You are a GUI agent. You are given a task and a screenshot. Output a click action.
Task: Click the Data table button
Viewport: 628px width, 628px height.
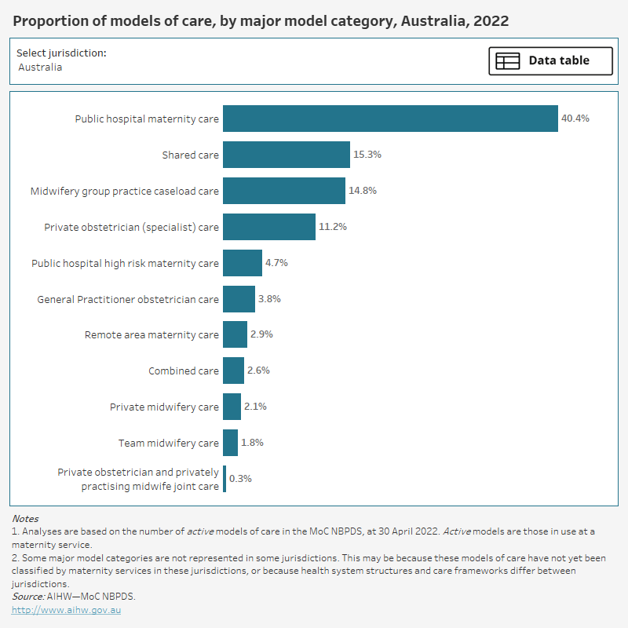550,60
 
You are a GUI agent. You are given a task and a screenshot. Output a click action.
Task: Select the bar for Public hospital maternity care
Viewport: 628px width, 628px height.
390,119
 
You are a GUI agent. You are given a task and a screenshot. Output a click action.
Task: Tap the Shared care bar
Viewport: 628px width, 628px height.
286,155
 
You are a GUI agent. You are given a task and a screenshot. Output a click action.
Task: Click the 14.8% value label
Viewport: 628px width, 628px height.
363,191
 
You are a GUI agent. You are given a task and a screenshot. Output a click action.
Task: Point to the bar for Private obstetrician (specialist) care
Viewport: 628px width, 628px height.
268,227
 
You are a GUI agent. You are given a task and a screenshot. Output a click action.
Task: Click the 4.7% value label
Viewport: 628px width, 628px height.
276,263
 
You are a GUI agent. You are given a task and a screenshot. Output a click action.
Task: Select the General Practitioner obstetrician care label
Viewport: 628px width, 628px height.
128,299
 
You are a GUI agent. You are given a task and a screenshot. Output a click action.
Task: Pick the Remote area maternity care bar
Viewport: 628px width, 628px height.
235,334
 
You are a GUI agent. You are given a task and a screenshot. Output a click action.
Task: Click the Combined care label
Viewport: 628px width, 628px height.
184,371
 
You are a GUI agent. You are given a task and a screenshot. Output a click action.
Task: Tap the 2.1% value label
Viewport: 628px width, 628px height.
255,407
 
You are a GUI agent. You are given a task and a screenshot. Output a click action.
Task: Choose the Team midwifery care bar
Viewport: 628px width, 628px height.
230,443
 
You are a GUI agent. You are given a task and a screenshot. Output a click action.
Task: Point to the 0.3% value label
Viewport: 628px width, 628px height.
239,479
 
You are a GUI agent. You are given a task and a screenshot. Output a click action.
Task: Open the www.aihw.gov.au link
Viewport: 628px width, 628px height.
66,609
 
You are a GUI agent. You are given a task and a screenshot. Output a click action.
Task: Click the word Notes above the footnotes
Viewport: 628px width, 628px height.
25,519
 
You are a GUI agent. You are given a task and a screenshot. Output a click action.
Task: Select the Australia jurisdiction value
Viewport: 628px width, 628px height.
40,68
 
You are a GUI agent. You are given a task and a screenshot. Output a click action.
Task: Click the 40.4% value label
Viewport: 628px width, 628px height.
575,119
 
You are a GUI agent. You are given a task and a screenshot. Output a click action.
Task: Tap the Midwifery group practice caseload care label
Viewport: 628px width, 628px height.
124,191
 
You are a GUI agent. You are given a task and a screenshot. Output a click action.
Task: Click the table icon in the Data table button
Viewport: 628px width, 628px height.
507,60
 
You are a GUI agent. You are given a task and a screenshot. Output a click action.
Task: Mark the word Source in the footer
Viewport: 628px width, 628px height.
27,597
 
